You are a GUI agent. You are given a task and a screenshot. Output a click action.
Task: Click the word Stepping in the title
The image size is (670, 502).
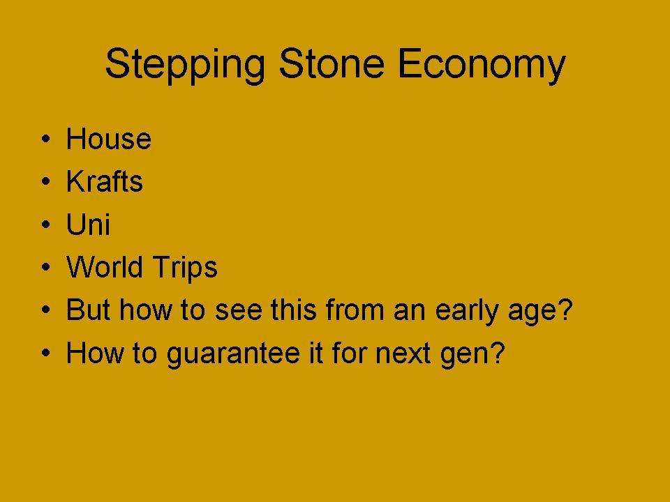click(185, 65)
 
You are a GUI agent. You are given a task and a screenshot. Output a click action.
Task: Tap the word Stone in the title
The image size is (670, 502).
click(332, 63)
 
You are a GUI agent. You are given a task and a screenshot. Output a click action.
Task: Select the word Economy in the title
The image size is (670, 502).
click(482, 65)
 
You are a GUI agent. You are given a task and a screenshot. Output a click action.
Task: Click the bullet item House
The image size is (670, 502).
click(109, 139)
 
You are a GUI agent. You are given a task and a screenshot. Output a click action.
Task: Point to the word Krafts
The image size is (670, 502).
click(104, 181)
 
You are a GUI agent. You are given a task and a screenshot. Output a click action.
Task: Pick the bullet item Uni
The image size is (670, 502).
click(88, 224)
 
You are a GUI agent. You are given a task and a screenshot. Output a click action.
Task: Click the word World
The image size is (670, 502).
click(104, 267)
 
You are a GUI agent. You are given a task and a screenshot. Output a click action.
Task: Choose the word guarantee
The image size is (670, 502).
click(233, 354)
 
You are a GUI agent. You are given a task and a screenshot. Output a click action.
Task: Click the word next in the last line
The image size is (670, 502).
click(403, 353)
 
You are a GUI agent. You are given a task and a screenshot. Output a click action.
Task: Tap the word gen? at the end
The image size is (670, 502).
click(472, 354)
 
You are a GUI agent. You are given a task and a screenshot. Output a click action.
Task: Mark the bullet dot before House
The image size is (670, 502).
click(46, 139)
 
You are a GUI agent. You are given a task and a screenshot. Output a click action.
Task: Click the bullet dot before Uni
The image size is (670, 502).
click(46, 224)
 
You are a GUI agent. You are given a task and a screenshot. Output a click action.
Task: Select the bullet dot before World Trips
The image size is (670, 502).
click(46, 267)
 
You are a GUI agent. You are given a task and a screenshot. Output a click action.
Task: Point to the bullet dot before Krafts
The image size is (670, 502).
click(46, 181)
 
